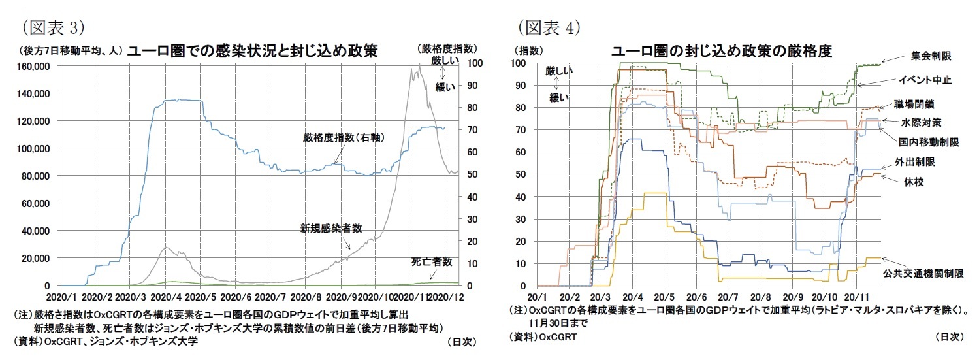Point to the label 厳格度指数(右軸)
[x=334, y=137]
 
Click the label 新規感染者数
[x=331, y=228]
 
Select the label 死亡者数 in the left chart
[x=432, y=261]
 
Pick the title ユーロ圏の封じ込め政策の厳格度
[x=721, y=51]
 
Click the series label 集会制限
[x=931, y=57]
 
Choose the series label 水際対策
[x=921, y=122]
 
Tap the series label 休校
[x=905, y=181]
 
